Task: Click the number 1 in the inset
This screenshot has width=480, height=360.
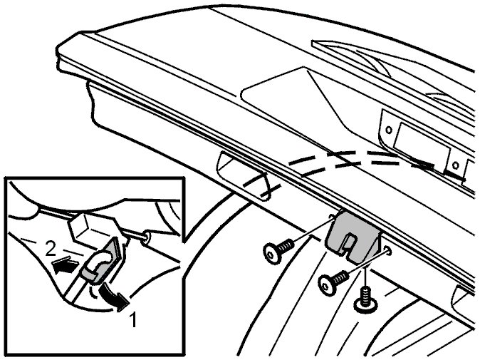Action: [x=133, y=319]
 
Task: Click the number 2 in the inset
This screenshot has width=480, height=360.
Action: [x=51, y=249]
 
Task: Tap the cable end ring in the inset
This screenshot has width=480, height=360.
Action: [x=146, y=237]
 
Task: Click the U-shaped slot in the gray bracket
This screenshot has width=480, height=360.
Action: [x=349, y=244]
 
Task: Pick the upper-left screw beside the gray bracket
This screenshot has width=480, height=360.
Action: [x=278, y=250]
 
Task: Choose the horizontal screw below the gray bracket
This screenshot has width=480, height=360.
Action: [x=333, y=281]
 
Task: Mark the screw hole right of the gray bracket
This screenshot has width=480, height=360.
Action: [x=388, y=251]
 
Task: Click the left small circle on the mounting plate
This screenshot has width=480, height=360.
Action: [x=389, y=130]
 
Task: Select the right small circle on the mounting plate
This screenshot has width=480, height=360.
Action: [x=456, y=165]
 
